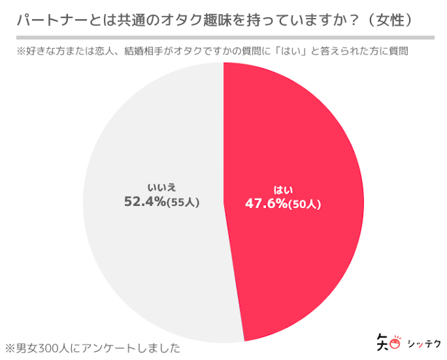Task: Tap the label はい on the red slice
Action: [x=283, y=189]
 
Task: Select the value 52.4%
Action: [x=145, y=202]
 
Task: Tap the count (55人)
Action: [x=184, y=202]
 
